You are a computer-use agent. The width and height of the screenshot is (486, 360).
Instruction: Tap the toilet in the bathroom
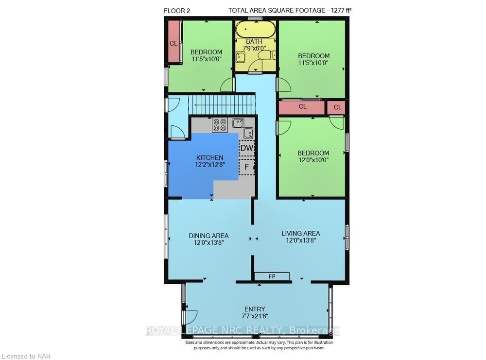click(266, 56)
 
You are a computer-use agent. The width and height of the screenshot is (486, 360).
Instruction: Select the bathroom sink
click(241, 57)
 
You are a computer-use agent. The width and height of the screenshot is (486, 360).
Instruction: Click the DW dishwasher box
click(247, 148)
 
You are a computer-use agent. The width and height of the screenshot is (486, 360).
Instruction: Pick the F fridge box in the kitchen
click(247, 167)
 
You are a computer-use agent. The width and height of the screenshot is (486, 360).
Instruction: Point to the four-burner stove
click(220, 125)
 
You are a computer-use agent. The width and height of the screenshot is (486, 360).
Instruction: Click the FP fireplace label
click(272, 276)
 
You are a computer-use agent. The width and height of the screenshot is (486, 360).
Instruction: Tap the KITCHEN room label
click(210, 158)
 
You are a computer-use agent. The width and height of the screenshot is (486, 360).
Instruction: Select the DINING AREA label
click(208, 236)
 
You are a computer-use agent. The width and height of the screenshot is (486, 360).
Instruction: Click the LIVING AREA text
click(301, 234)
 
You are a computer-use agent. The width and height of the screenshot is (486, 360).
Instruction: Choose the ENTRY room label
click(255, 309)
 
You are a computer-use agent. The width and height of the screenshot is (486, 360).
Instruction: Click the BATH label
click(254, 41)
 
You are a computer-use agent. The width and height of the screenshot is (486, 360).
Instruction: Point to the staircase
click(222, 105)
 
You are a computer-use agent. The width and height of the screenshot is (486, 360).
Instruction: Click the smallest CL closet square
click(338, 107)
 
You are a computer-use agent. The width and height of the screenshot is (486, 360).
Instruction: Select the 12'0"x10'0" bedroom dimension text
click(313, 160)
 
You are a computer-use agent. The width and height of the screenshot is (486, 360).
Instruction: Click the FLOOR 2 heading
click(177, 11)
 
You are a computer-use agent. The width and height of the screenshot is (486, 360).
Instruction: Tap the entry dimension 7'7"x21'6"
click(255, 316)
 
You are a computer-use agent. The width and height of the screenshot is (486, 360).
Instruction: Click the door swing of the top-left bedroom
click(226, 84)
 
